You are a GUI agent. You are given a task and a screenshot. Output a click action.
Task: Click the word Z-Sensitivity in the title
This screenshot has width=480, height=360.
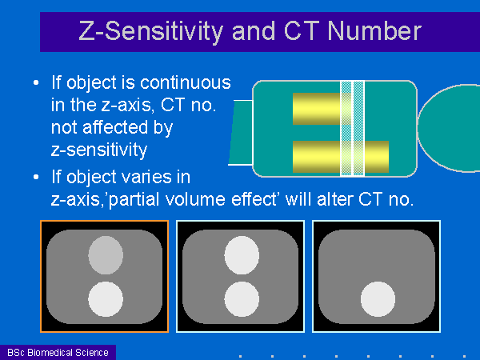pos(151,32)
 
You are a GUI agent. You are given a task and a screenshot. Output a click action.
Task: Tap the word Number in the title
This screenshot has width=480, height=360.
pos(374,31)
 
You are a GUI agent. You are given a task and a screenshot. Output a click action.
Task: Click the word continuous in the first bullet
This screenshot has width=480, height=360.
pos(186,82)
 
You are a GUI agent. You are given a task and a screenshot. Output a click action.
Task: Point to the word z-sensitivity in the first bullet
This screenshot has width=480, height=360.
pos(99,150)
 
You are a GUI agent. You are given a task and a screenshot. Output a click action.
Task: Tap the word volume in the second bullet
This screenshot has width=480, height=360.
pos(195,199)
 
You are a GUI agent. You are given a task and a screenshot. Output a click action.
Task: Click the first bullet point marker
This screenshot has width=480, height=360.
pos(36,82)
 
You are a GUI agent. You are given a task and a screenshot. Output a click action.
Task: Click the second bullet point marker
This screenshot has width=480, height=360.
pos(36,177)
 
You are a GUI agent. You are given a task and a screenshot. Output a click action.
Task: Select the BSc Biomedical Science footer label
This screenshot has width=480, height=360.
pos(58,353)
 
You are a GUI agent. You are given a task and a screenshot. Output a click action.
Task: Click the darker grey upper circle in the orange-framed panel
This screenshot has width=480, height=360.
pos(106,255)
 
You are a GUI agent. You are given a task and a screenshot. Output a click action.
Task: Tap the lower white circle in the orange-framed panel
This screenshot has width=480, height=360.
pos(106,299)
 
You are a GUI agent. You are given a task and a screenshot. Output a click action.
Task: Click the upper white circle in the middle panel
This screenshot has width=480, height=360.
pos(242,255)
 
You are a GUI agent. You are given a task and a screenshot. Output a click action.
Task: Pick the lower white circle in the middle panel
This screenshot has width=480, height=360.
pos(242,299)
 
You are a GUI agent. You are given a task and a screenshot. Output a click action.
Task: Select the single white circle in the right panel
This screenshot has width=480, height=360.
pos(378,299)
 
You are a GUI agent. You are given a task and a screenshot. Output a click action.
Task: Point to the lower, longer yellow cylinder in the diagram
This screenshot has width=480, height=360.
pos(341,157)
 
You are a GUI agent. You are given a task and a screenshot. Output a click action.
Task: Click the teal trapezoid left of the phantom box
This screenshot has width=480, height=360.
pos(241,133)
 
